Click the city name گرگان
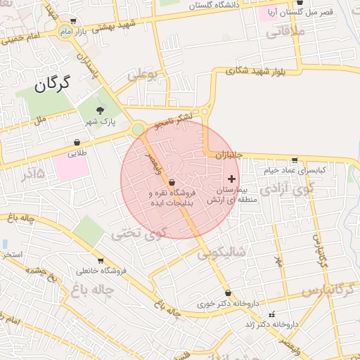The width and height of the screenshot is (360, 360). coord(53,85)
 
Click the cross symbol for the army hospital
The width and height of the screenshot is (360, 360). coord(232,179)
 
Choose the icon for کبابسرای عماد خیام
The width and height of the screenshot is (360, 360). coord(294,160)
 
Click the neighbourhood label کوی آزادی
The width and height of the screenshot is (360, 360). coord(279,190)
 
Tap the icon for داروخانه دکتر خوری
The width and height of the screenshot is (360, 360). coord(227,293)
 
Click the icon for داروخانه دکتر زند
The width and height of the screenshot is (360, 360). coord(272,314)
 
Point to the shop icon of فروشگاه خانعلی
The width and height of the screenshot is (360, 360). coord(101,260)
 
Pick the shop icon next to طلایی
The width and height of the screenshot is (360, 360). coord(76,142)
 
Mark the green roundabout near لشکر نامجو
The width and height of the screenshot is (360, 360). coord(138,129)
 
